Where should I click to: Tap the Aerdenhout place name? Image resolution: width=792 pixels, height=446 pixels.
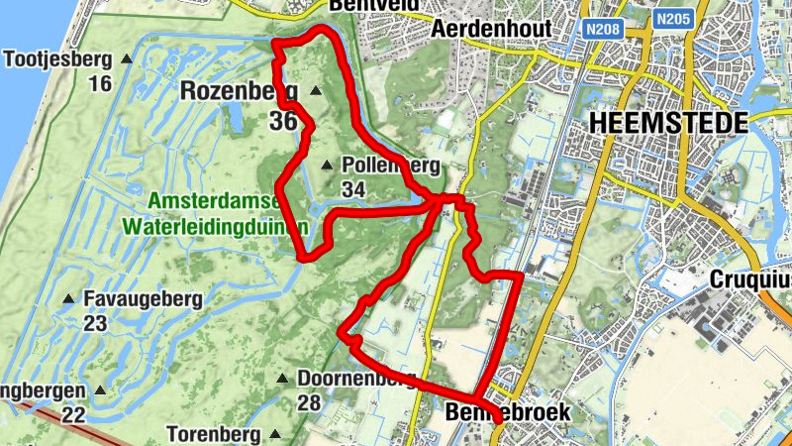[x=491, y=29]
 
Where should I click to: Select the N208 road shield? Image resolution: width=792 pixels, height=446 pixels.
[x=603, y=29]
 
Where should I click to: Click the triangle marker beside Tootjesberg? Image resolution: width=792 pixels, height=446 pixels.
[x=126, y=59]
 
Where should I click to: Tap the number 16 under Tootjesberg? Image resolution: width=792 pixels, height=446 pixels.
[x=99, y=83]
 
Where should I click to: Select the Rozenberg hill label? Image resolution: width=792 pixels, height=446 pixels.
[x=239, y=91]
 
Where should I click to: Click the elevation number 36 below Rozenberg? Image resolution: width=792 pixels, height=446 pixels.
[x=282, y=121]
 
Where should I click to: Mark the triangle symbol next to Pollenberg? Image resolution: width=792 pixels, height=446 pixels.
[x=328, y=166]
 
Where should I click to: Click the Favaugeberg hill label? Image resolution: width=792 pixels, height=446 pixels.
[x=143, y=298]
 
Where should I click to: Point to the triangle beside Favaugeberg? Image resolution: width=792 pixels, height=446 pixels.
[x=69, y=298]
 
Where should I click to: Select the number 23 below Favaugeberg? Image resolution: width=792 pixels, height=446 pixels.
[x=95, y=323]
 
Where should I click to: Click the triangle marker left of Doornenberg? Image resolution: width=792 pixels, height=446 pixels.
[x=282, y=379]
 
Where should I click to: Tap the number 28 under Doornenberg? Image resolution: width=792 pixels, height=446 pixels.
[x=310, y=403]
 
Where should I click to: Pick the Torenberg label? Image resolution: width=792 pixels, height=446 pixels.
[x=212, y=434]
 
